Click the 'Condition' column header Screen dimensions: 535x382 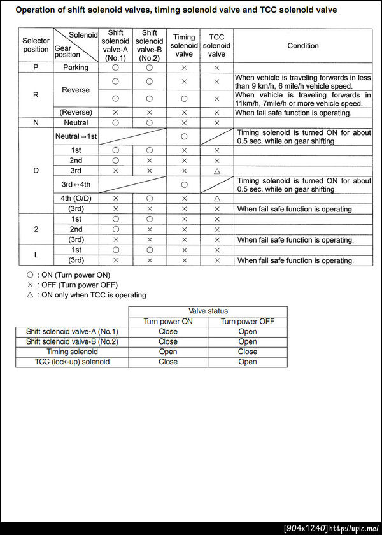pos(303,46)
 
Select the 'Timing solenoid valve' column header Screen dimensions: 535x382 pos(184,46)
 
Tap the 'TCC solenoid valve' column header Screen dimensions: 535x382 pos(216,46)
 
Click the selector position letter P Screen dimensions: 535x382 pos(36,68)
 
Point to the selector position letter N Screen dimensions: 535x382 pos(36,122)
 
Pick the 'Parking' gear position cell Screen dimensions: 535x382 pos(76,68)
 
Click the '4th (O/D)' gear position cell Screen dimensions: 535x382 pos(76,199)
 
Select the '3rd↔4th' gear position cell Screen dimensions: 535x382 pos(76,185)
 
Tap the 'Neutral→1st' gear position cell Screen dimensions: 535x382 pos(76,136)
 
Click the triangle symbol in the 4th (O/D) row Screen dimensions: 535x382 pos(216,199)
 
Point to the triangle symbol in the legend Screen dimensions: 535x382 pos(30,295)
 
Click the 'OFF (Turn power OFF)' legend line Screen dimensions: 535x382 pos(76,285)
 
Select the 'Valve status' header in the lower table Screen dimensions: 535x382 pos(208,311)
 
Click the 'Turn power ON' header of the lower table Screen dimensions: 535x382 pos(168,321)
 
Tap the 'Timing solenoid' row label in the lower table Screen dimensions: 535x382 pos(72,352)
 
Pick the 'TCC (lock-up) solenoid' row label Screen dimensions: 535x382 pos(72,362)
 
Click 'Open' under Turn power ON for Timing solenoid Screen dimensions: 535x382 pos(168,352)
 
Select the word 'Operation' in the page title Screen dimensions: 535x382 pos(36,10)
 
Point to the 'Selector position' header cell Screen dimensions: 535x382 pos(36,45)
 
